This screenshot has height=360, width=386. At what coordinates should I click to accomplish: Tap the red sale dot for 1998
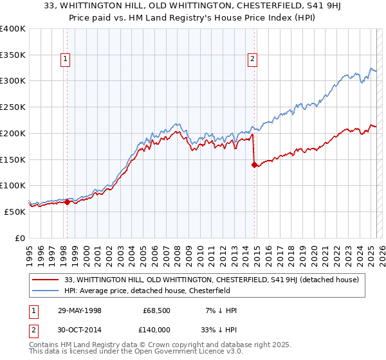click(67, 202)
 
